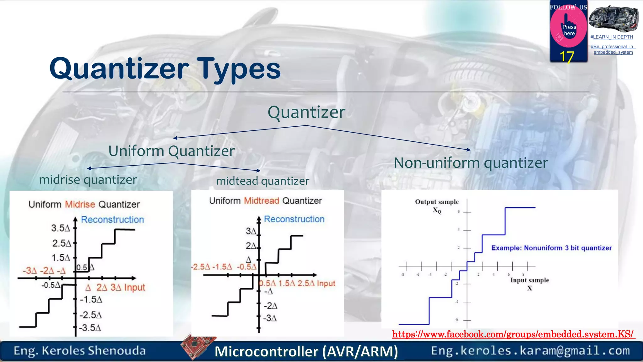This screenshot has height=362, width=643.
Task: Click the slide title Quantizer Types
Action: tap(165, 69)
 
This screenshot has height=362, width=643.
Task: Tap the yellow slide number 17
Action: tap(567, 57)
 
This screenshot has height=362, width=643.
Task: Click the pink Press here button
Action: tap(569, 30)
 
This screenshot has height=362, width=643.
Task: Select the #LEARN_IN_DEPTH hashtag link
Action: tap(612, 37)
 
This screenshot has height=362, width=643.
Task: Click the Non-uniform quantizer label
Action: tap(471, 163)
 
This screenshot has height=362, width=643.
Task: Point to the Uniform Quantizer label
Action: tap(171, 151)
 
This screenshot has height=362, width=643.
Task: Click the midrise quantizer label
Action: tap(88, 180)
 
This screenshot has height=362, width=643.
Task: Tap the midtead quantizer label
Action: tap(262, 181)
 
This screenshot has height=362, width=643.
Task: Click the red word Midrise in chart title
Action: tap(80, 205)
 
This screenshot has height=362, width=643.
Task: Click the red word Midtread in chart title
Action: tap(262, 201)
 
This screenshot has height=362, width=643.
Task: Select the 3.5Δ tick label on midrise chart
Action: tap(60, 228)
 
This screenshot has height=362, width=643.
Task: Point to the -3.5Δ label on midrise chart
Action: tap(90, 328)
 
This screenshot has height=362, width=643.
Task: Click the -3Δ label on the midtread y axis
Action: tap(270, 318)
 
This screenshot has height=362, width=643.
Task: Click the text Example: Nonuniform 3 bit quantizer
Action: tap(551, 248)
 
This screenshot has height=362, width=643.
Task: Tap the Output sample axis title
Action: tap(437, 202)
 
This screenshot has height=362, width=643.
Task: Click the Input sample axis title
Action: tap(529, 280)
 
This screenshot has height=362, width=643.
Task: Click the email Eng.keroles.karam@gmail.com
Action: tap(530, 351)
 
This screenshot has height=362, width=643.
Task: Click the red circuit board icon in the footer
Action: tap(197, 346)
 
